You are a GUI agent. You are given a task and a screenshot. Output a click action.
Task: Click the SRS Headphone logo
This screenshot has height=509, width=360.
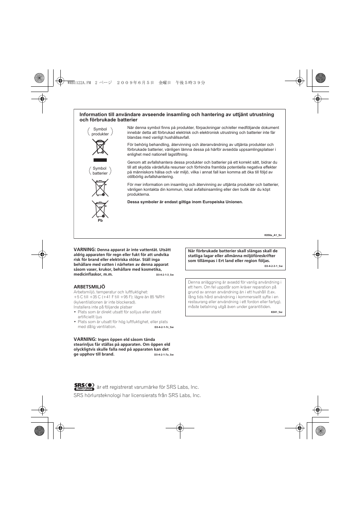pos(84,386)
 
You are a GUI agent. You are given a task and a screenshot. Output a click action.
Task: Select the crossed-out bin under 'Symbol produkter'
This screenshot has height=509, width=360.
pos(100,147)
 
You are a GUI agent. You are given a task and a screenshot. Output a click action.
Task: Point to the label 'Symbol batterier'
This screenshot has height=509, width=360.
pos(100,171)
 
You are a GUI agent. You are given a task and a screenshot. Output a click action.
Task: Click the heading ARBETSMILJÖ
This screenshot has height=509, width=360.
pos(89,287)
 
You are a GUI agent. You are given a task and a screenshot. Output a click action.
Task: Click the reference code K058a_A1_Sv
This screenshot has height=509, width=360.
pos(273,235)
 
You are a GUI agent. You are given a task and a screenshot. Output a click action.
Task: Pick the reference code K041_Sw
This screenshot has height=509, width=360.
pos(276,312)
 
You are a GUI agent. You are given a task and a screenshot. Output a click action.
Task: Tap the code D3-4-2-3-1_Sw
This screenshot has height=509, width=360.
pos(273,266)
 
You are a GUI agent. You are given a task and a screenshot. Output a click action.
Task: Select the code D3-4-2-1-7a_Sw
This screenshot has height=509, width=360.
pos(164,354)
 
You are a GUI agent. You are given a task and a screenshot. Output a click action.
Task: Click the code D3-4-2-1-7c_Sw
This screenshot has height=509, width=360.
pos(164,327)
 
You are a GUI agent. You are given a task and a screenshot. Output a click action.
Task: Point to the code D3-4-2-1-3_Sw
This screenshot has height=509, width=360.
pos(165,274)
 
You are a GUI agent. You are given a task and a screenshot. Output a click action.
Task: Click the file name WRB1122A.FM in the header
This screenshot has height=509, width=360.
pos(77,83)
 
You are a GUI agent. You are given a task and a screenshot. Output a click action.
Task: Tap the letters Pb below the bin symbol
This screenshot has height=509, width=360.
pos(100,221)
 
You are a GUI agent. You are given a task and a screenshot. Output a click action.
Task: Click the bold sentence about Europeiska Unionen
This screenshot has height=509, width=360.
pos(185,202)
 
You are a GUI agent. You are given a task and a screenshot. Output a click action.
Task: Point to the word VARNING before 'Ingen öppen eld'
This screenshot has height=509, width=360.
pos(85,339)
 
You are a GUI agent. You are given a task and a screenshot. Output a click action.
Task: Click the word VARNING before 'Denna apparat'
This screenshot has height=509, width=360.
pos(85,250)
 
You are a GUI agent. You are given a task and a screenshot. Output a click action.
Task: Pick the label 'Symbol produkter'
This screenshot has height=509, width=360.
pos(100,132)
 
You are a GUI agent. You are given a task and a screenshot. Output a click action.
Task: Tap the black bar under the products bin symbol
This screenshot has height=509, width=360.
pos(100,160)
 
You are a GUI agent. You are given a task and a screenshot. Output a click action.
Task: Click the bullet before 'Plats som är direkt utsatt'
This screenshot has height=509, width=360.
pos(75,312)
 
